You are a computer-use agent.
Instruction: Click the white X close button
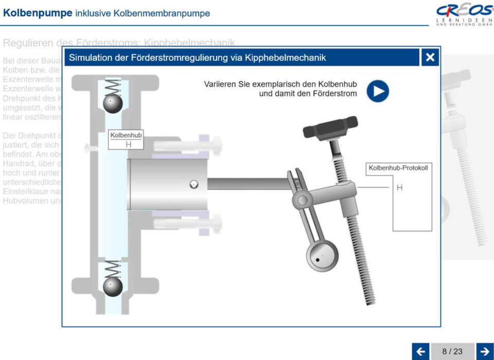click(430, 58)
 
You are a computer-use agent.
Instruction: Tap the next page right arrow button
click(485, 352)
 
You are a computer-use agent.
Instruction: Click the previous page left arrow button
click(420, 352)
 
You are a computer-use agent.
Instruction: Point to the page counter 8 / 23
click(452, 352)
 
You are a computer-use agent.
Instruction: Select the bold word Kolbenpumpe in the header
click(38, 13)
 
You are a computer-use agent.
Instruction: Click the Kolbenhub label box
click(126, 140)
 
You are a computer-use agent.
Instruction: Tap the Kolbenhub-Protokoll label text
click(398, 168)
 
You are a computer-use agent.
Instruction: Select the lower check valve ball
click(113, 286)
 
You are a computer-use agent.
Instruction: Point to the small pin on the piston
click(193, 184)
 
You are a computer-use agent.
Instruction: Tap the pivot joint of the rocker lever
click(302, 199)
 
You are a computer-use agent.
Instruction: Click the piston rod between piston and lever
click(247, 184)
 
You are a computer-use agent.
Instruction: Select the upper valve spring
click(113, 86)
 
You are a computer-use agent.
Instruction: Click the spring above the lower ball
click(113, 268)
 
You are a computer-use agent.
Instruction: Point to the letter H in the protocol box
click(399, 188)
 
